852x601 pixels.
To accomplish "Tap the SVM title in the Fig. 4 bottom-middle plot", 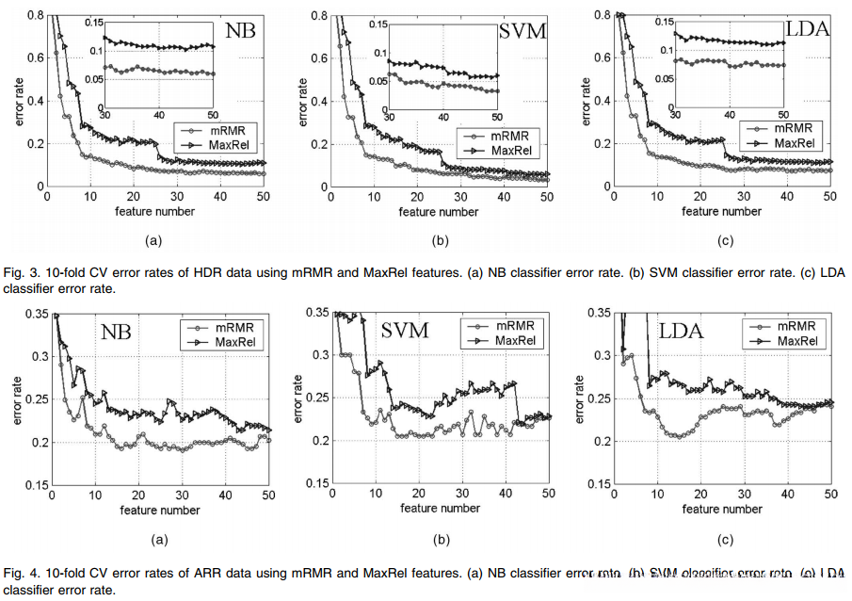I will (406, 331).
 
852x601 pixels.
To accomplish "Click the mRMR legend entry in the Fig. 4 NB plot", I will (232, 327).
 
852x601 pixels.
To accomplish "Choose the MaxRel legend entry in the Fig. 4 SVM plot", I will (516, 339).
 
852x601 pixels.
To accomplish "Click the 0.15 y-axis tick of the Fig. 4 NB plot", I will (33, 485).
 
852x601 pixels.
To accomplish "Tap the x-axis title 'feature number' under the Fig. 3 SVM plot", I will (439, 211).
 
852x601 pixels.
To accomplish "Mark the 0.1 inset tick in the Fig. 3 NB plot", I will (96, 49).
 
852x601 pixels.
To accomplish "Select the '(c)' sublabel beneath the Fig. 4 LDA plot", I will (723, 541).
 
